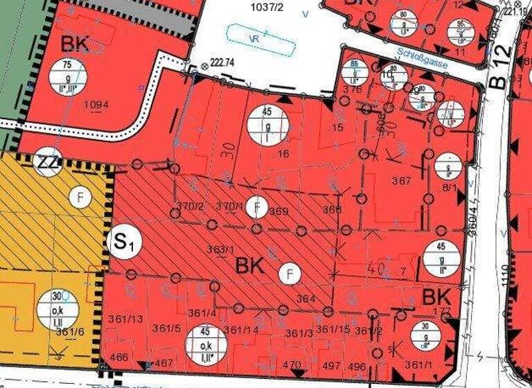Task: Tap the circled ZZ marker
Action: coord(48,162)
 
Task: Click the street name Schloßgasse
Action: coord(423,62)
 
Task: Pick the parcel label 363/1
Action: coord(222,249)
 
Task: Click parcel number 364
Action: coord(305,299)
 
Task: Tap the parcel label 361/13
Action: coord(125,319)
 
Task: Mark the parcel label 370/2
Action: coord(190,206)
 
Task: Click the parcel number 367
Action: coord(401,181)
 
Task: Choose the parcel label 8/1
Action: coord(450,187)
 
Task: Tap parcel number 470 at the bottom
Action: coord(293,365)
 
